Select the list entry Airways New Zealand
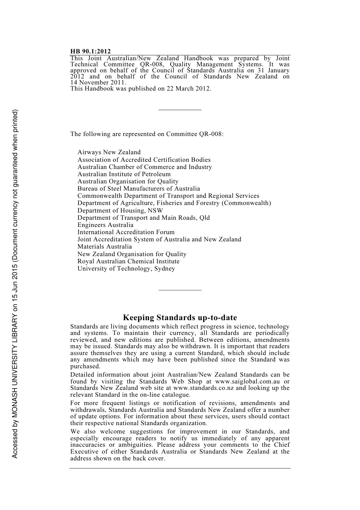click(109, 152)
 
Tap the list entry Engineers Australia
click(105, 225)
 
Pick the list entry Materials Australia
click(105, 247)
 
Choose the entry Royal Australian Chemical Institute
click(128, 261)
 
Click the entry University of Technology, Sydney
click(126, 269)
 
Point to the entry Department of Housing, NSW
click(120, 210)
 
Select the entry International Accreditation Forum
click(126, 232)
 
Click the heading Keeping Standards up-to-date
click(180, 318)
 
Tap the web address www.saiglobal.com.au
click(247, 382)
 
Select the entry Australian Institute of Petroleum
click(124, 174)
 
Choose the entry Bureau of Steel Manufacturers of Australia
click(139, 189)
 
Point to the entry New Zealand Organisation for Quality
click(132, 254)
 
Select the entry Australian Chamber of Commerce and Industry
click(145, 167)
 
